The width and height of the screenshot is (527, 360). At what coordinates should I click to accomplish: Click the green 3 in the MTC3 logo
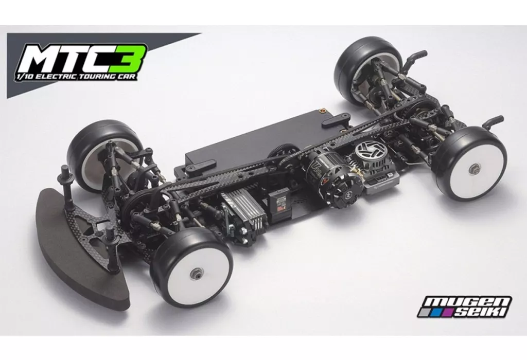pos(131,59)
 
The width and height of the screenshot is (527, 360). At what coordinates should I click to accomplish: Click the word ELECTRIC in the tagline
pos(55,77)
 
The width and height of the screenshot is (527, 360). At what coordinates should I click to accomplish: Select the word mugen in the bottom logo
pos(468,302)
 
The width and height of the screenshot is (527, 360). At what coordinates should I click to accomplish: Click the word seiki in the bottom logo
pos(481,312)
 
